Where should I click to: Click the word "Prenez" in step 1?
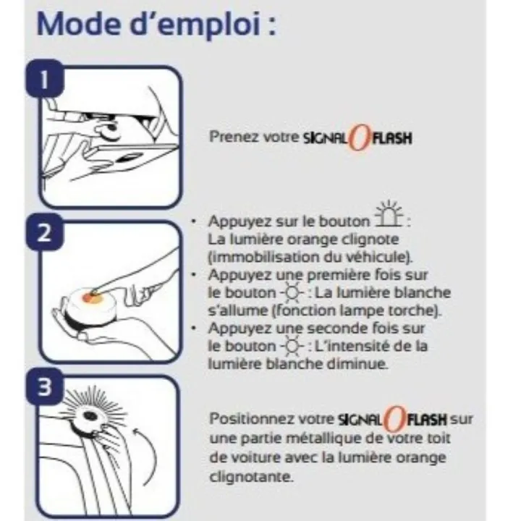(x=228, y=136)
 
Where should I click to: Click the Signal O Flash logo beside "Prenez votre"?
(x=357, y=136)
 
